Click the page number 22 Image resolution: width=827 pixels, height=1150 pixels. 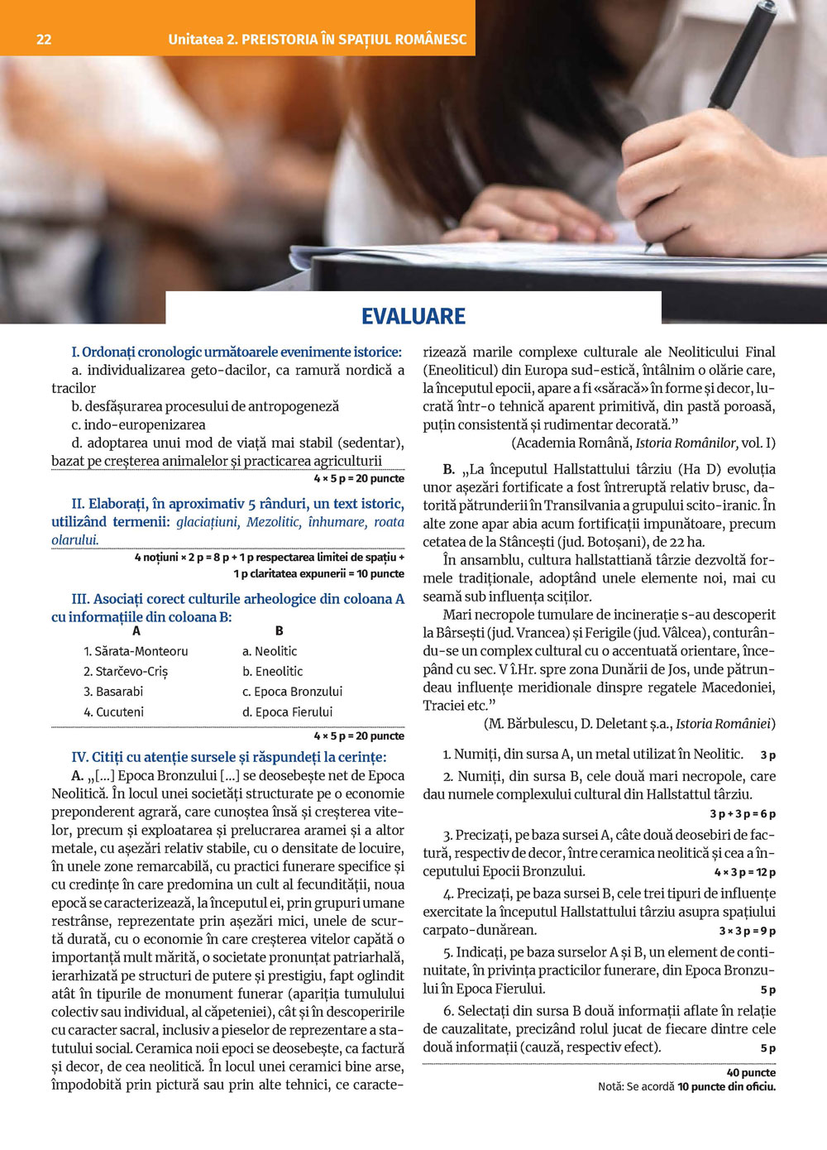(x=44, y=39)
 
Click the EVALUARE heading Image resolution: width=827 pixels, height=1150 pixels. (x=413, y=316)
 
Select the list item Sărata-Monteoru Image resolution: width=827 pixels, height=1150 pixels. (x=136, y=651)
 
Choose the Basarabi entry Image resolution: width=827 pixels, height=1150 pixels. (x=113, y=692)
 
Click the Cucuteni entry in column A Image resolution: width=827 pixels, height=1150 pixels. (x=113, y=712)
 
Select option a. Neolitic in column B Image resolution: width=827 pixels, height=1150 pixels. (x=270, y=651)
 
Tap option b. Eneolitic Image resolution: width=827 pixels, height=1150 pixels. (x=273, y=671)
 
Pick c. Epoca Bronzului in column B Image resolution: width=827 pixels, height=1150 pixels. (x=292, y=692)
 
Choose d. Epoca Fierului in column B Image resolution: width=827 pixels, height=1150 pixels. (x=287, y=712)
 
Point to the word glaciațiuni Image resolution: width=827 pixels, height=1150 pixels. (x=208, y=522)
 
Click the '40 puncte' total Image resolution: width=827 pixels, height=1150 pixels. (x=751, y=1072)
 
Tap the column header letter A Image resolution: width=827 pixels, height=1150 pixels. (x=136, y=630)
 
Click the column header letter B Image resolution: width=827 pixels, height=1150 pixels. (x=279, y=630)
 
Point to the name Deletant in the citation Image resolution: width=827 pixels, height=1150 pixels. (x=613, y=724)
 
